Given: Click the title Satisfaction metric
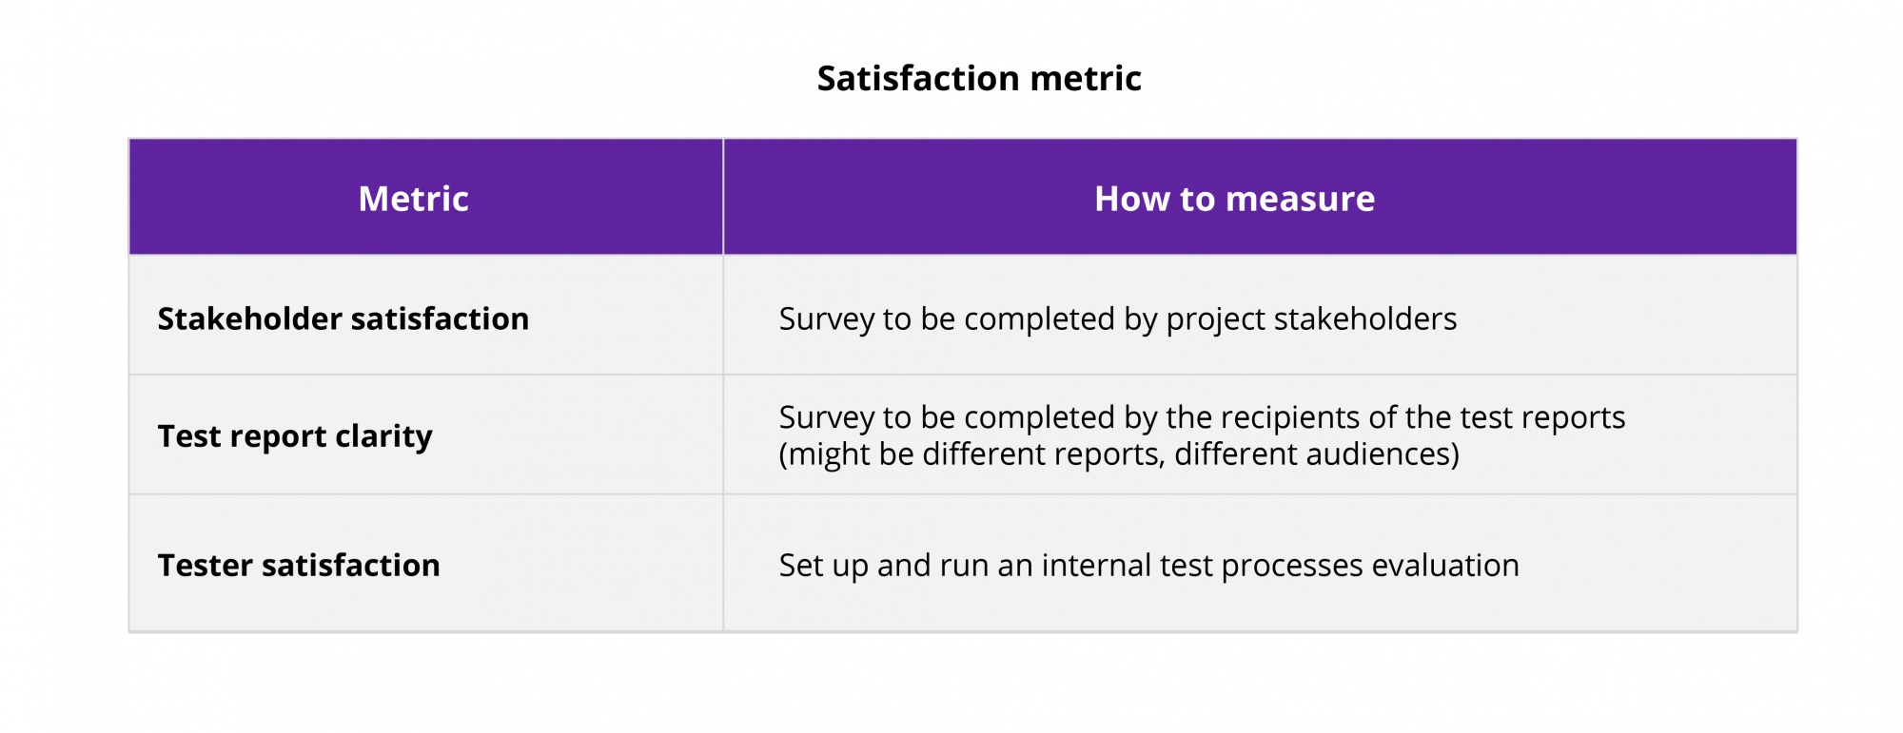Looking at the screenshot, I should [x=978, y=79].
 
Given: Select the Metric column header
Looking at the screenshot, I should [x=413, y=200].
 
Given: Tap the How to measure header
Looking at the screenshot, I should [x=1234, y=200].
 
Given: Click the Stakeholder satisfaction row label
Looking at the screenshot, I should [x=343, y=319].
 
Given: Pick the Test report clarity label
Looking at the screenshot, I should [x=295, y=436].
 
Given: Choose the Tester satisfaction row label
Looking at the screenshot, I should [x=299, y=566].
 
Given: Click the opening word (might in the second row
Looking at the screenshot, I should [x=823, y=454].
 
